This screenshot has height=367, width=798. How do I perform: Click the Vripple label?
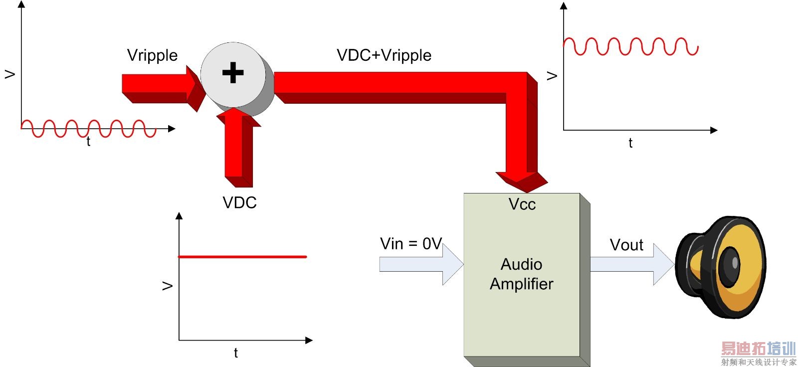point(152,55)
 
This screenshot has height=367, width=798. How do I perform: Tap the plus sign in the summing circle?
point(233,73)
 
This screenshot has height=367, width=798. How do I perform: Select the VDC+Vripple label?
point(384,55)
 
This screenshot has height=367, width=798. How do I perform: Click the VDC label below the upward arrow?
point(239,202)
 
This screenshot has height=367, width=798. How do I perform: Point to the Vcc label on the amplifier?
point(522,204)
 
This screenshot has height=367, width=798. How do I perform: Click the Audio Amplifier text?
point(522,274)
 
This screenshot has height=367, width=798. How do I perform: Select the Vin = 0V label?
point(411,244)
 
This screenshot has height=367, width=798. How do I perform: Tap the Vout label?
point(626,245)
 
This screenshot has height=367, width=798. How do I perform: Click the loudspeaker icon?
point(721,267)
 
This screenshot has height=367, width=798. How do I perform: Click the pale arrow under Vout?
point(631,264)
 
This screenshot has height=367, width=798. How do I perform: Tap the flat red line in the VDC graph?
point(242,257)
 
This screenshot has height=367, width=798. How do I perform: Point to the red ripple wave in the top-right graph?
point(630,46)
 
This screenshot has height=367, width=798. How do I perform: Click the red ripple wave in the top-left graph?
point(89,128)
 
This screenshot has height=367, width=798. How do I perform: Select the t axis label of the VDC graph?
point(236,353)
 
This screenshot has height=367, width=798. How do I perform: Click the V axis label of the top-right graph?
point(552,76)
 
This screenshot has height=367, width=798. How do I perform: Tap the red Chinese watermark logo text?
point(758,348)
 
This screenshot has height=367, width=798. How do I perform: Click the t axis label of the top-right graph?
point(630,143)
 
